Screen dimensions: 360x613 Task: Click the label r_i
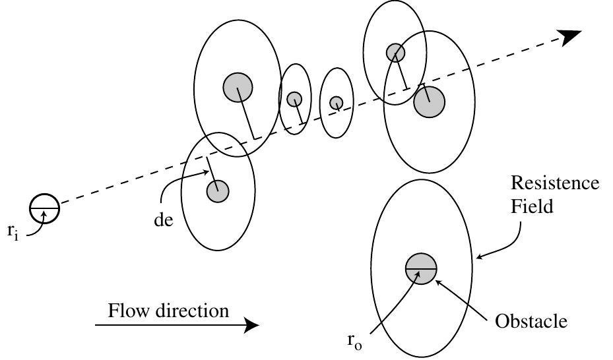coord(13,231)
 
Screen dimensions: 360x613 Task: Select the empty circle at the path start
coord(44,209)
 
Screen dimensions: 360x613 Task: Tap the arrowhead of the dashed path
coord(571,37)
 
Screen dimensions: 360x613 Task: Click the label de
coord(163,220)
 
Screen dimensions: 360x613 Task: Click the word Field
coord(532,206)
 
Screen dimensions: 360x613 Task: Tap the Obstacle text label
coord(531,321)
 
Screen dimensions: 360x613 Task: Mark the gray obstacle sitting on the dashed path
coord(337,103)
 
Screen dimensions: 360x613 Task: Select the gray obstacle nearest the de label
coord(217,191)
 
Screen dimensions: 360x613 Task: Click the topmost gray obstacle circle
coord(395,52)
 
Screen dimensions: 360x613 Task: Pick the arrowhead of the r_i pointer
coord(44,212)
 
